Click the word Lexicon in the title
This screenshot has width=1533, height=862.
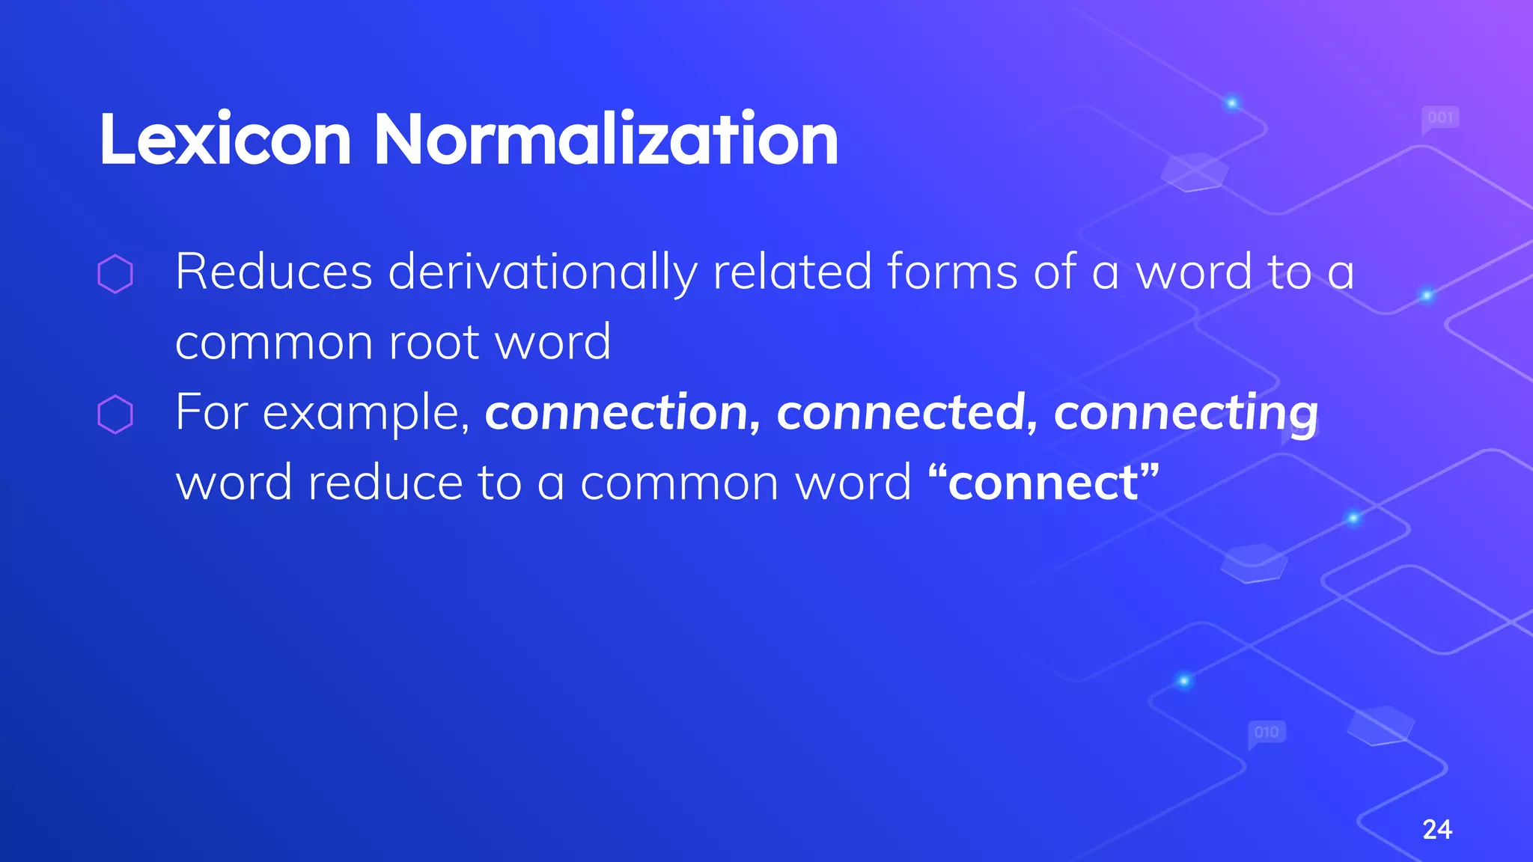click(225, 140)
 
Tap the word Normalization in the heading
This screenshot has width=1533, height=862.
click(606, 140)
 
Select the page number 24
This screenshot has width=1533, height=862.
click(1436, 829)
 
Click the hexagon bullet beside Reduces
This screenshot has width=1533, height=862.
click(115, 273)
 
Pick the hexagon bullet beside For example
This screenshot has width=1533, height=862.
click(115, 414)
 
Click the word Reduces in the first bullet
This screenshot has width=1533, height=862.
click(273, 272)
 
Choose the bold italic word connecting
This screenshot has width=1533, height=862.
click(1185, 414)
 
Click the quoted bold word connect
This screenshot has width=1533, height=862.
click(1043, 483)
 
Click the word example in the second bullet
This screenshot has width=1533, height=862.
click(365, 414)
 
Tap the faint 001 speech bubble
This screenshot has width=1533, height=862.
click(1439, 118)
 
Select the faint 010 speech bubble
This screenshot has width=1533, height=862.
click(1267, 732)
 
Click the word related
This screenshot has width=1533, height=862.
click(792, 272)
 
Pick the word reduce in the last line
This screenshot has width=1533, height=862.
click(385, 483)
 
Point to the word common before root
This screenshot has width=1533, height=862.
click(274, 343)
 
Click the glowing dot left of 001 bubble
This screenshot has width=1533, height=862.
click(1232, 103)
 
